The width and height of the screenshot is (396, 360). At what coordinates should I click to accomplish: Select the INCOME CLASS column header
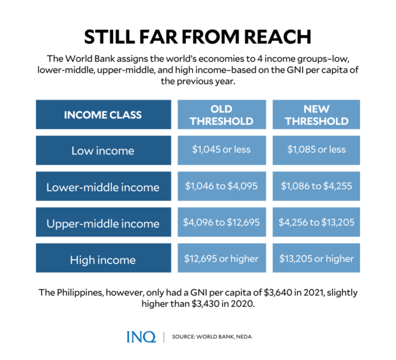(x=102, y=115)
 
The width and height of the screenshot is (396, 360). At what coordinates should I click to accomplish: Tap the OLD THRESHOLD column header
(x=222, y=115)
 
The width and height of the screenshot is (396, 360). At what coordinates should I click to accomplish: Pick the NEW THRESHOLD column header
(x=316, y=115)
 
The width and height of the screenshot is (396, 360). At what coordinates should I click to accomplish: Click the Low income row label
(x=102, y=151)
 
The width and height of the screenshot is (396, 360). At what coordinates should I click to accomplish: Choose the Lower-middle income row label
(x=102, y=187)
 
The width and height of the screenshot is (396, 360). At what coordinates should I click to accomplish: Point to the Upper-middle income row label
(x=102, y=224)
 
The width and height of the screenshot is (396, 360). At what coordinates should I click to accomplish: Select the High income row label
(x=102, y=260)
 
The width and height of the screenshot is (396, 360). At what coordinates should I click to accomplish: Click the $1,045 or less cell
(x=222, y=150)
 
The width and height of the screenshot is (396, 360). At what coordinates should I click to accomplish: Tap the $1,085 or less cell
(x=316, y=150)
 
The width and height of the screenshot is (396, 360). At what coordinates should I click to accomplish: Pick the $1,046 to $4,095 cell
(x=222, y=186)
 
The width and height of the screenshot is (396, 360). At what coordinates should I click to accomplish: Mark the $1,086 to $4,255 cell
(x=316, y=186)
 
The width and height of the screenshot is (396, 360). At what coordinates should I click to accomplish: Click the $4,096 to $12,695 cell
(x=222, y=223)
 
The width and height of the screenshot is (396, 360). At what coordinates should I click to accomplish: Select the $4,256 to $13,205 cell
(x=316, y=223)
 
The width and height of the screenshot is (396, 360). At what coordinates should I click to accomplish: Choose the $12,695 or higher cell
(x=222, y=259)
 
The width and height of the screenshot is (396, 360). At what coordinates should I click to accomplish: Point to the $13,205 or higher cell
(x=316, y=259)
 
